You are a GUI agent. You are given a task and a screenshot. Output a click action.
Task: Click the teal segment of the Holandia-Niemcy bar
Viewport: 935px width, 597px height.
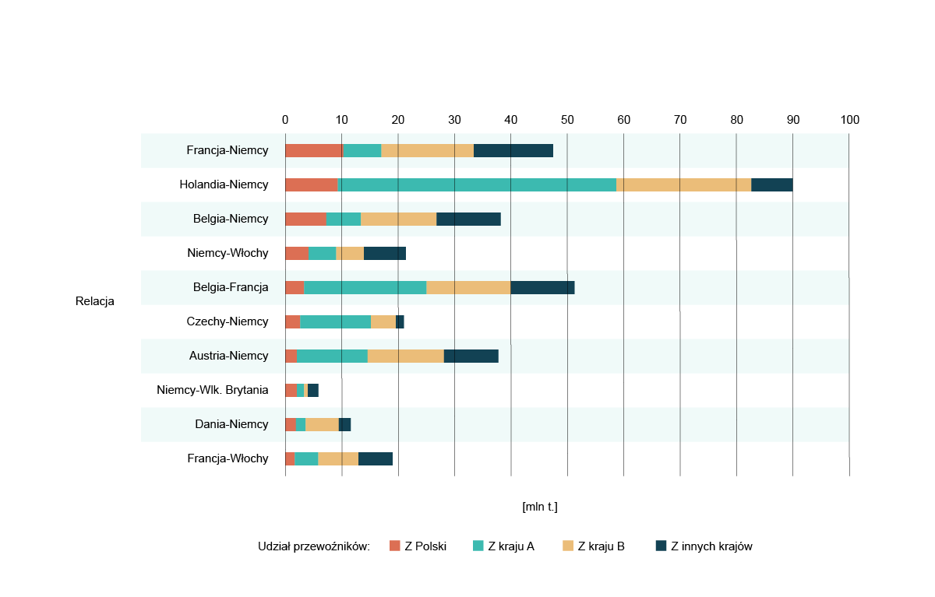477,184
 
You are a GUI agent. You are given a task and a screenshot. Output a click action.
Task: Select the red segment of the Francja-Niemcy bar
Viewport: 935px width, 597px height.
314,151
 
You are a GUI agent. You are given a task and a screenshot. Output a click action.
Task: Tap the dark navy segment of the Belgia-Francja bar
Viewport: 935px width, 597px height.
542,287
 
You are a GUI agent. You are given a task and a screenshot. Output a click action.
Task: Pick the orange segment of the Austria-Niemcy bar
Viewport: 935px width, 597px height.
405,356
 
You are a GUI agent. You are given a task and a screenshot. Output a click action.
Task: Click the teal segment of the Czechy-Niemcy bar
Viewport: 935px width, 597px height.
335,321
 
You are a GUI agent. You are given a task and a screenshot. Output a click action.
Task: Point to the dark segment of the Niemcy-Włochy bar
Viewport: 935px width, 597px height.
385,253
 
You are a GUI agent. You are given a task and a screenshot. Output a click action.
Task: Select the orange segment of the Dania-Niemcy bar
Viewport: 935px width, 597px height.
322,424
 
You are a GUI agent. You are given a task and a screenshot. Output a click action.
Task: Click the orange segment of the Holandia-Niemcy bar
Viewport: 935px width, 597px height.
683,184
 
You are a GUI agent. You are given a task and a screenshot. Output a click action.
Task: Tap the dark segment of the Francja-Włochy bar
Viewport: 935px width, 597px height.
376,458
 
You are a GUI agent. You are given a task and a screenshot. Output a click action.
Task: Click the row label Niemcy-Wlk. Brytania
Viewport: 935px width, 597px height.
212,390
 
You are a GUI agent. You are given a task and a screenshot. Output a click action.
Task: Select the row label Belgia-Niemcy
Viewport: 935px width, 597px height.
231,219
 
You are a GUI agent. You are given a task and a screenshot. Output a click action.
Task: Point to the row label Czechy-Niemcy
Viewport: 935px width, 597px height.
228,321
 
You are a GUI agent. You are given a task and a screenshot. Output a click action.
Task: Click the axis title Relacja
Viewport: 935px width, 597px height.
95,301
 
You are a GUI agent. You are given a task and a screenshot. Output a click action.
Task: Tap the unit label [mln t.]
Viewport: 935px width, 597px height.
540,507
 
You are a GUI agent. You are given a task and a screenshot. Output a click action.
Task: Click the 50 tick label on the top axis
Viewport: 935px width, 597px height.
567,120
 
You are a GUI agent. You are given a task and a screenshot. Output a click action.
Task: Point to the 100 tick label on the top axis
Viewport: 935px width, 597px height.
849,120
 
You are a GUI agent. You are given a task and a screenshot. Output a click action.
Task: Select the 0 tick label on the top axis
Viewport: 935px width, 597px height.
285,120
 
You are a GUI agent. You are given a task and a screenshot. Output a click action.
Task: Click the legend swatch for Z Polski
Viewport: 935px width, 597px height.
394,546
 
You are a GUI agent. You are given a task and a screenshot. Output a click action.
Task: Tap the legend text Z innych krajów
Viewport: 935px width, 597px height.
711,546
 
